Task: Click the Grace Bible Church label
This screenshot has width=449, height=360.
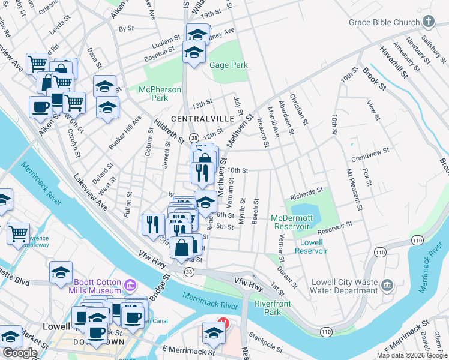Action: [384, 23]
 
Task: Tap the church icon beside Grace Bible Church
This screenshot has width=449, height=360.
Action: [428, 22]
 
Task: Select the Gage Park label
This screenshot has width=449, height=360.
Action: [229, 65]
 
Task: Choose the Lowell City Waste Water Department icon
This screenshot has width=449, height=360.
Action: [387, 283]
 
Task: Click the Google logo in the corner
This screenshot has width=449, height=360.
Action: [20, 353]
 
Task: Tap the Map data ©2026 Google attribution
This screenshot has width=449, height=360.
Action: [411, 355]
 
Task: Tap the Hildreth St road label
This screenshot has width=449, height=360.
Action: [169, 130]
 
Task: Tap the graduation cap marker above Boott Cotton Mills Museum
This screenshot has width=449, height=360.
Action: [61, 271]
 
